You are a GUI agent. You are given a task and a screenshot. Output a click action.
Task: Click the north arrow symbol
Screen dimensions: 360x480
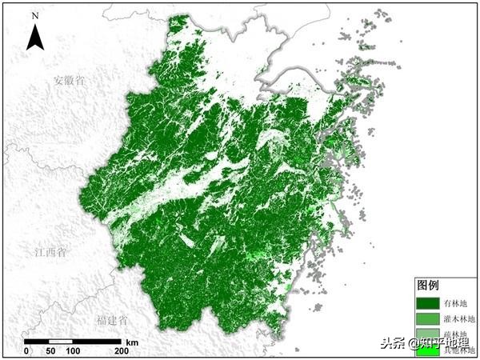pos(34,36)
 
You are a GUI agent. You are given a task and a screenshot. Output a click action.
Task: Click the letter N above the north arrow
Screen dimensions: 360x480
pos(34,14)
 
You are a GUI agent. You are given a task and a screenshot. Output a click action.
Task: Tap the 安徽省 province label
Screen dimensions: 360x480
pos(70,80)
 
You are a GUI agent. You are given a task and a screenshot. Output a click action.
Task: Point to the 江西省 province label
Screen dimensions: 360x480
pos(51,253)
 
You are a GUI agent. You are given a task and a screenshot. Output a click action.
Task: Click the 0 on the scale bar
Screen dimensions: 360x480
pos(26,351)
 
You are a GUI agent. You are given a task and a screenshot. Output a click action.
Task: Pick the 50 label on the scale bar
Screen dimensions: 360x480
pos(50,351)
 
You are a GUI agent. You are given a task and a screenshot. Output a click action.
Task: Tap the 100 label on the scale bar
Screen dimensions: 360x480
pos(74,351)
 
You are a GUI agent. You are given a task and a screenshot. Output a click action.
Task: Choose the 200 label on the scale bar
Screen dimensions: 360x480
pos(122,351)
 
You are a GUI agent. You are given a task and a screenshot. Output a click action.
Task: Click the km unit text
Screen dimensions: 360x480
pos(132,342)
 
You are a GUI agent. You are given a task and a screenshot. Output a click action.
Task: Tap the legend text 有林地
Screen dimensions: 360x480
pos(457,303)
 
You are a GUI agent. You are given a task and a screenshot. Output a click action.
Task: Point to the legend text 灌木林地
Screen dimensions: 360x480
pos(459,319)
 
